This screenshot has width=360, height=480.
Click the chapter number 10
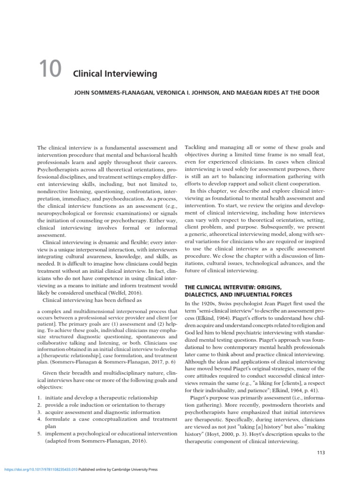49,69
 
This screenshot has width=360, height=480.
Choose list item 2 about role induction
104,405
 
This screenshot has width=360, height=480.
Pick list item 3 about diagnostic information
103,412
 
